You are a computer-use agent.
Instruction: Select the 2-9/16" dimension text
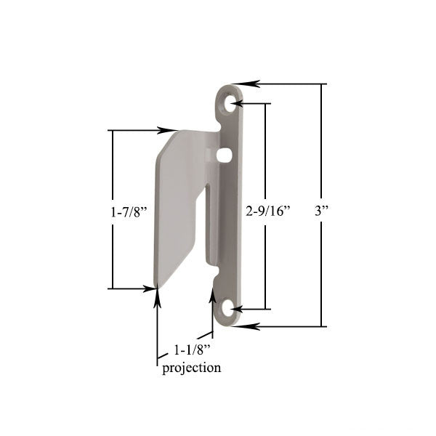(268, 211)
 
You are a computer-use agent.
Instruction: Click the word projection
(191, 368)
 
